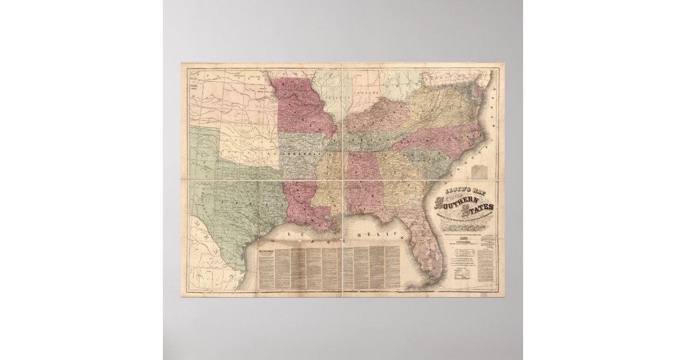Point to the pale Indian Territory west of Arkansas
pyautogui.click(x=252, y=143)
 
